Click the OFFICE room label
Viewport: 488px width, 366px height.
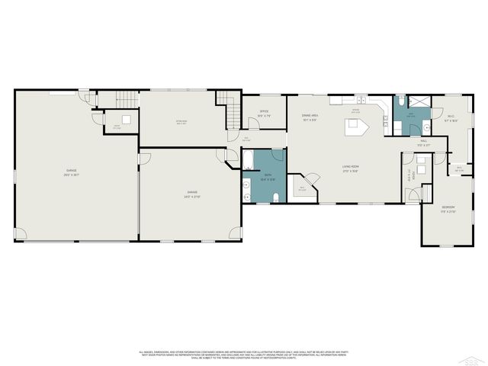(x=264, y=112)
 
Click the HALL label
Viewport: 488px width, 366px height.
(x=422, y=142)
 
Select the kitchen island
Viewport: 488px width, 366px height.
(x=355, y=124)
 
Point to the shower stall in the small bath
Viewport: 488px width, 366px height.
(x=419, y=104)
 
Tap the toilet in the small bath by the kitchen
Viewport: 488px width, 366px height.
(x=400, y=101)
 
